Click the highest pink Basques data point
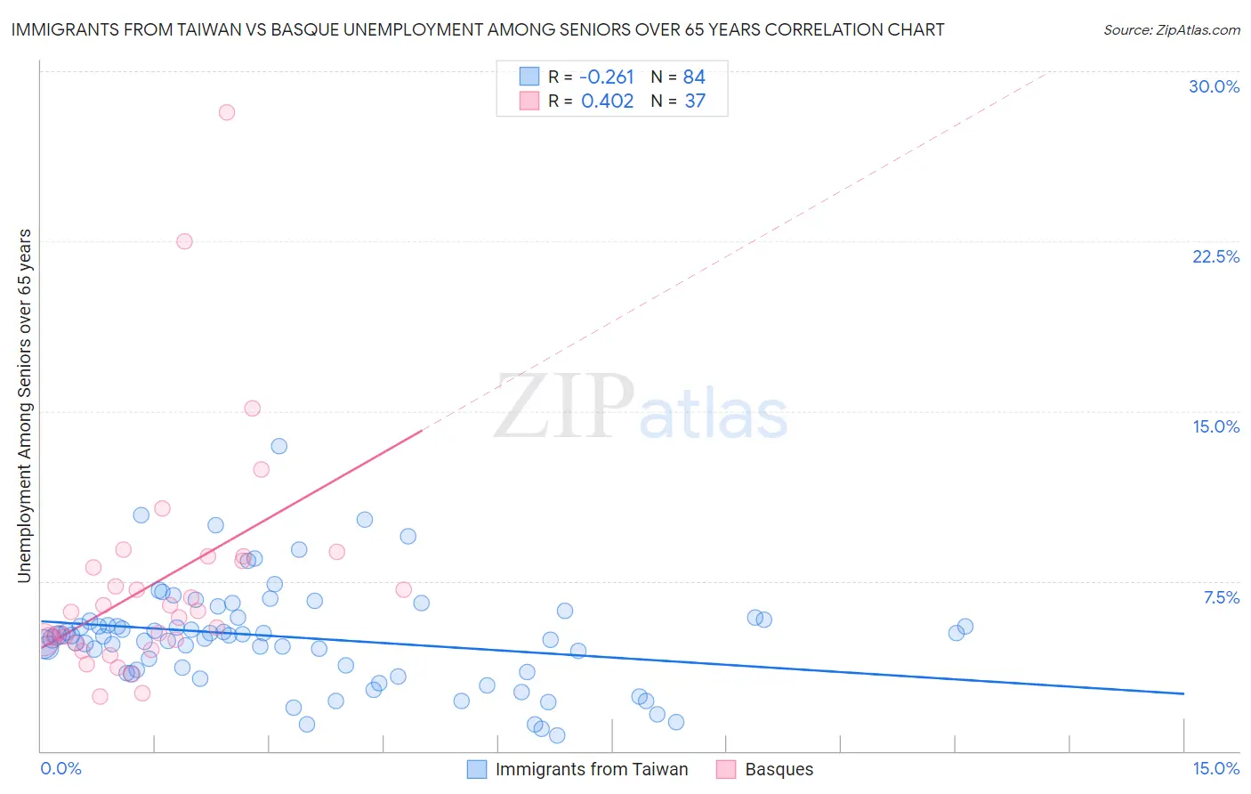coord(227,112)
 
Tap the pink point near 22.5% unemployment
coord(184,241)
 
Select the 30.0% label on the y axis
coord(1214,86)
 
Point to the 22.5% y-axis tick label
coord(1215,256)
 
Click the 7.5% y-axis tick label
coord(1221,597)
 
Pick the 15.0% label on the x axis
coord(1215,768)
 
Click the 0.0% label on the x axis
coord(61,768)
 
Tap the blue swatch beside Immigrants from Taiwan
coord(477,769)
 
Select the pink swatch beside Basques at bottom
coord(726,769)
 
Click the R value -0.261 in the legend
coord(606,77)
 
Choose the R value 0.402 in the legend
coord(607,101)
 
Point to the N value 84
coord(694,77)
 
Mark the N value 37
coord(695,101)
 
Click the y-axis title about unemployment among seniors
coord(24,406)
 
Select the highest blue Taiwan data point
coord(278,446)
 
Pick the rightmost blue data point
coord(965,627)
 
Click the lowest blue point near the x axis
coord(557,735)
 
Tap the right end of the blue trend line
coord(1183,693)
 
